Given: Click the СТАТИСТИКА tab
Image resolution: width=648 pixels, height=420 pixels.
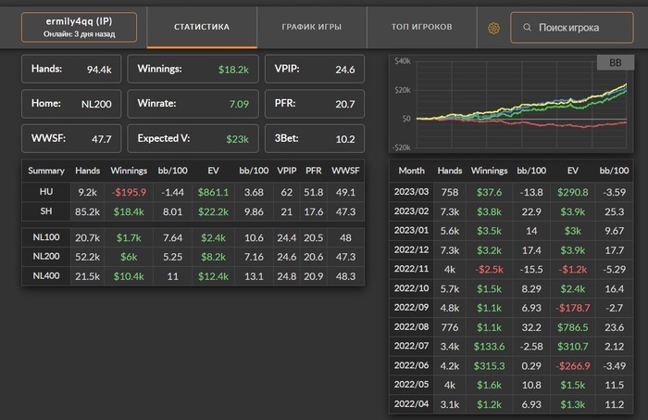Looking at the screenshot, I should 202,27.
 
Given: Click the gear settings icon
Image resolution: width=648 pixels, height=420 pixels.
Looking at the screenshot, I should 494,28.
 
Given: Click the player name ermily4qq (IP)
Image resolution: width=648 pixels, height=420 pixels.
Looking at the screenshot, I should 79,21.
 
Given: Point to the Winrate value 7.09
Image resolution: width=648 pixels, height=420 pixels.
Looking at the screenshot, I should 239,104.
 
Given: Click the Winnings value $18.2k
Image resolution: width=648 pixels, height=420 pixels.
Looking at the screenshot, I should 234,69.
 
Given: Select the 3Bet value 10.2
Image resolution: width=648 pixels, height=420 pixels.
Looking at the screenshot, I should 343,139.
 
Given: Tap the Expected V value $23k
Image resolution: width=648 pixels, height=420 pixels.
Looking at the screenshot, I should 237,139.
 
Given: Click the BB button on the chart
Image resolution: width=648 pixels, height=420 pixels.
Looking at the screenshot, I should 615,63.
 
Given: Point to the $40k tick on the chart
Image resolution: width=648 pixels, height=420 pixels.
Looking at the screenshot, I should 402,61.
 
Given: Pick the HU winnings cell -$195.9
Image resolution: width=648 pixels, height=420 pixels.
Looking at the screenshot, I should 129,191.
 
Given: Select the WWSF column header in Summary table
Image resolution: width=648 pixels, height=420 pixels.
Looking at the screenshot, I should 345,171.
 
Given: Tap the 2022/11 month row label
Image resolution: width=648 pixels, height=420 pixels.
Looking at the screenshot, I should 411,270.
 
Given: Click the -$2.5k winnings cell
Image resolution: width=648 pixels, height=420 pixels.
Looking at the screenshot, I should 489,270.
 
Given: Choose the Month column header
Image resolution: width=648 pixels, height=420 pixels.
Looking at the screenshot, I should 411,171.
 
